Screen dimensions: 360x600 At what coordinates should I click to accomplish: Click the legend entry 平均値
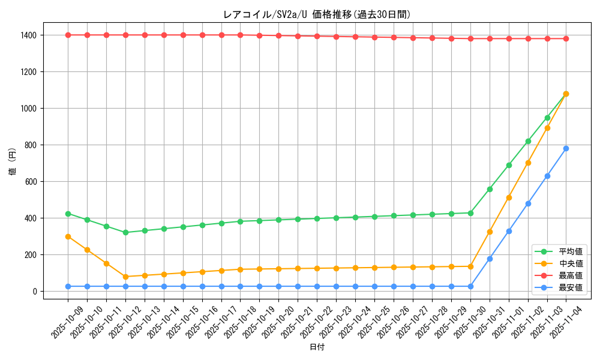570,251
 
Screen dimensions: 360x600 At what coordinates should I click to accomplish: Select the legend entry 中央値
570,263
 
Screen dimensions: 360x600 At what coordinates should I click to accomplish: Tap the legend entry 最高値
570,275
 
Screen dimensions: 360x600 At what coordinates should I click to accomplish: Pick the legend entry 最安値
570,287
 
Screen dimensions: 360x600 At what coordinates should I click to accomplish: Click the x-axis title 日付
317,347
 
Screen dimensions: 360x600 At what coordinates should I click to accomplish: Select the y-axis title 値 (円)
13,163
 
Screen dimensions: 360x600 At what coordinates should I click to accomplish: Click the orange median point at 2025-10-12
125,277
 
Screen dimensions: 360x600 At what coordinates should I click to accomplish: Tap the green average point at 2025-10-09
68,214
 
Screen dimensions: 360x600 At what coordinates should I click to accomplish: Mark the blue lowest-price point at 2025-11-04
566,148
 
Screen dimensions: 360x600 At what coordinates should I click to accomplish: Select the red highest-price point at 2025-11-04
566,38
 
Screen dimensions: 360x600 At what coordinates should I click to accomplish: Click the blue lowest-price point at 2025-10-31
490,259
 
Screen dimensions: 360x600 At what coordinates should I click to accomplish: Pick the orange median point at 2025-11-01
509,197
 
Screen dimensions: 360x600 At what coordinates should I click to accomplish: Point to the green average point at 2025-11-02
528,141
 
